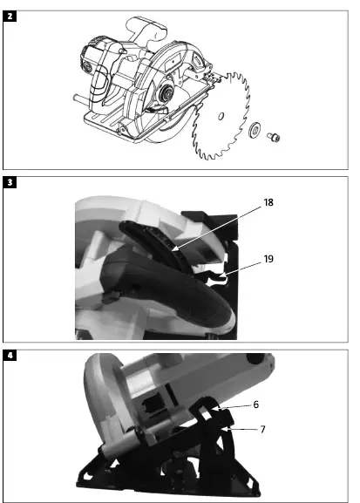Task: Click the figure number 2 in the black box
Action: tap(9, 14)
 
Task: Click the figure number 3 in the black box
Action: tap(9, 182)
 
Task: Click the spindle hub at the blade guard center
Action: tap(164, 93)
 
